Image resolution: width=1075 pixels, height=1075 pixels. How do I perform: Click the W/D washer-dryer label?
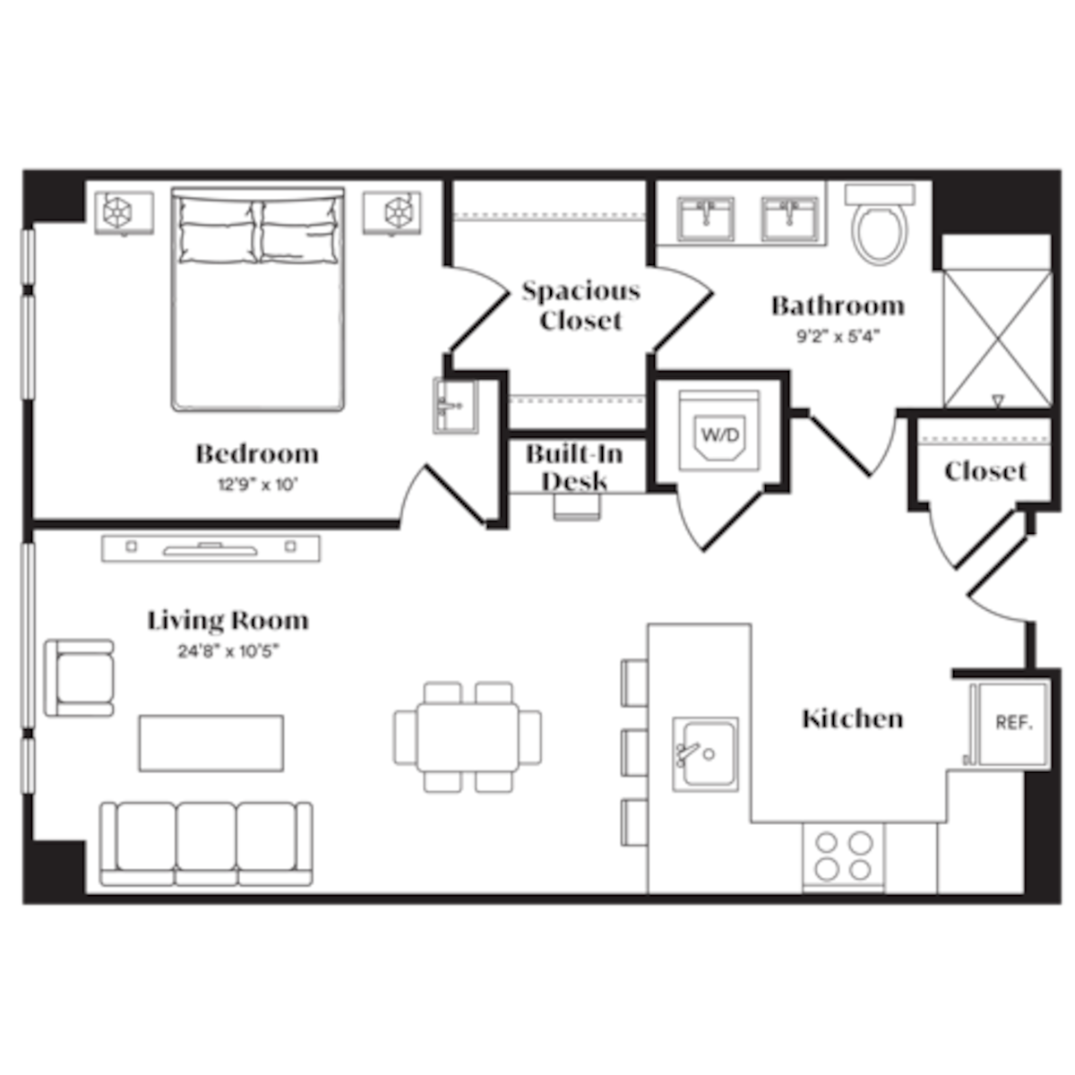(720, 436)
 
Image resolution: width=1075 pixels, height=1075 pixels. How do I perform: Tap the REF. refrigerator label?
(1013, 722)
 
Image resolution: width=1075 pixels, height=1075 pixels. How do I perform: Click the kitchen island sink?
(706, 753)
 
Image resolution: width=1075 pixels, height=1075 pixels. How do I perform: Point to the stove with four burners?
(843, 856)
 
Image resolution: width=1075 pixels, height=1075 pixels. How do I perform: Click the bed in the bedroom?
(258, 298)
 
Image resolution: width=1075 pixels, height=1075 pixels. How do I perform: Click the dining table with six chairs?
(468, 736)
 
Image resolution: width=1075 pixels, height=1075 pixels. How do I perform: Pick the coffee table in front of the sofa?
(211, 743)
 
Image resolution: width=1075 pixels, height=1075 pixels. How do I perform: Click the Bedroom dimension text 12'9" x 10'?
(256, 486)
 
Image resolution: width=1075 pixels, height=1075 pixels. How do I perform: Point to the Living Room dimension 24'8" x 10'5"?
(228, 651)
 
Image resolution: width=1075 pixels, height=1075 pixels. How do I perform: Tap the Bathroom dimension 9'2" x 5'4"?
(838, 338)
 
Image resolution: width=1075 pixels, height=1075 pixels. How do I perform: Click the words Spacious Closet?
(580, 305)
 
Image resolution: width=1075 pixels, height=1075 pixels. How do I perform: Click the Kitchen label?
(852, 718)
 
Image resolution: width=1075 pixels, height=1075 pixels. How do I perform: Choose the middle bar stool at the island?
(635, 751)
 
